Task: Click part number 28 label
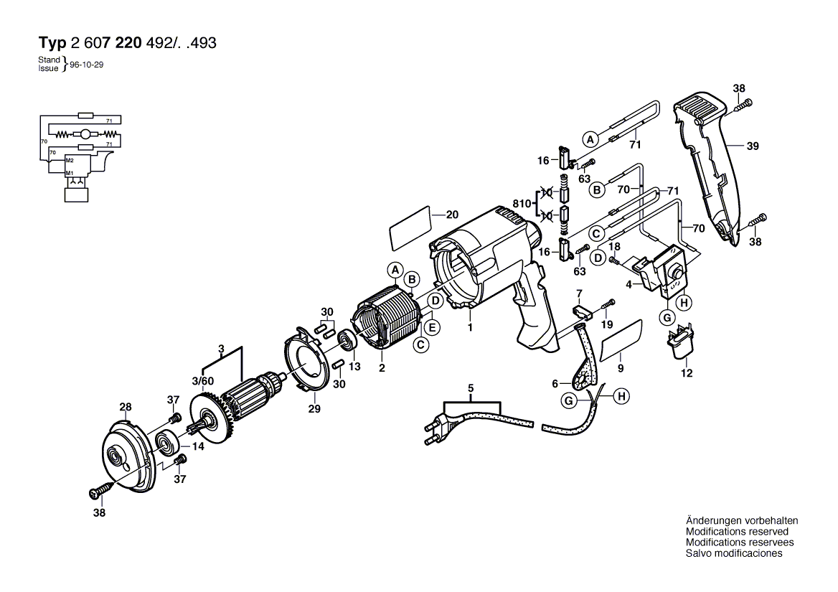126,408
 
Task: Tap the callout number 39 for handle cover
753,146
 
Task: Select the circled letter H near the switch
684,304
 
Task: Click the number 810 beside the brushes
522,204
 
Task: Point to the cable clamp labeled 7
582,311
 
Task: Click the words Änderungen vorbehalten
742,521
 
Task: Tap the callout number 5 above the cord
471,390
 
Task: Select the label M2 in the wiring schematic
70,159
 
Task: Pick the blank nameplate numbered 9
621,340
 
